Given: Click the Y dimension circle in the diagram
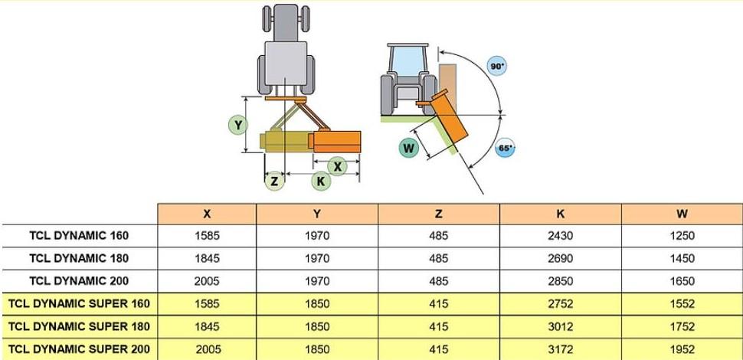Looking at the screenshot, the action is click(238, 126).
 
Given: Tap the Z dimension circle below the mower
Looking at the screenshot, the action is click(274, 181).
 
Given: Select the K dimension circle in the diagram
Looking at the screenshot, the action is click(321, 181).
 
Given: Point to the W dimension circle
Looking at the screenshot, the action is click(408, 149).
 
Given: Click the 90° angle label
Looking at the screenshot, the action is click(496, 67).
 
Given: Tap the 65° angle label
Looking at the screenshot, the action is click(505, 148).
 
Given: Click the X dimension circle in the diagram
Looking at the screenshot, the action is click(337, 166).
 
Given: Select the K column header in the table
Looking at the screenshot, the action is click(561, 214).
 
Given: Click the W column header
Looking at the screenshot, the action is click(682, 214).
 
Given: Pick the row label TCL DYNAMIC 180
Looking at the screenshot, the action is click(79, 258).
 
